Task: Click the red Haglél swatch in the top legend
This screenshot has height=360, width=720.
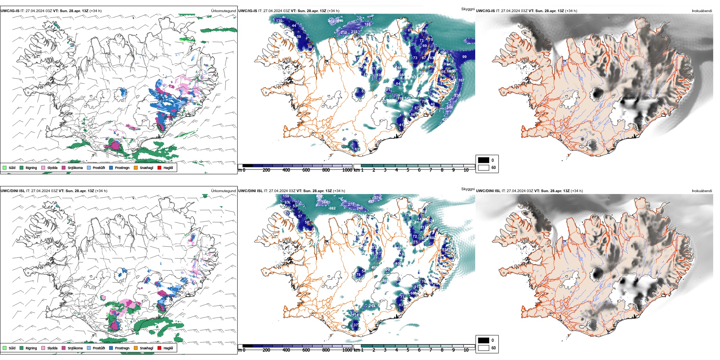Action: click(x=160, y=167)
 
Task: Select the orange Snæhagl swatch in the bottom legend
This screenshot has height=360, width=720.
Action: click(x=136, y=348)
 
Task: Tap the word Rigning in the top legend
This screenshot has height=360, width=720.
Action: click(x=31, y=167)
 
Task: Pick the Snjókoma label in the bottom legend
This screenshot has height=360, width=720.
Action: click(x=75, y=348)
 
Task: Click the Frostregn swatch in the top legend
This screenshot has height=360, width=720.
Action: click(x=111, y=167)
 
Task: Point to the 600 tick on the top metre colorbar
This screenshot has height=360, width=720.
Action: click(x=306, y=170)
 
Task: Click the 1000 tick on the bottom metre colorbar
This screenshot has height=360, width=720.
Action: click(x=347, y=350)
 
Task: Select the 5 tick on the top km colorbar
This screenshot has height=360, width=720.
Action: click(x=408, y=170)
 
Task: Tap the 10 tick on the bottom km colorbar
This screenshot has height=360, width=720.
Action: click(x=466, y=350)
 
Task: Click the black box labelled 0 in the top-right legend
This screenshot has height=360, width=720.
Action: click(x=484, y=160)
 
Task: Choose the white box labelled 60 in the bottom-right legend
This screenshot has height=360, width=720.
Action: click(x=484, y=347)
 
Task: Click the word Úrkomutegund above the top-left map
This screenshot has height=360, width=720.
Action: click(x=223, y=11)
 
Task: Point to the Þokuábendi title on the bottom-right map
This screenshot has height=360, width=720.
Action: click(x=702, y=191)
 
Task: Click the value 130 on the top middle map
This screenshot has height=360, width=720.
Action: click(x=279, y=21)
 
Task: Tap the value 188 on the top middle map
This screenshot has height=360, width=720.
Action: click(x=367, y=24)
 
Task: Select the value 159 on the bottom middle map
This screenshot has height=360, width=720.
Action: click(x=286, y=196)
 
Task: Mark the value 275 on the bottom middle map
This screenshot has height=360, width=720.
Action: click(x=351, y=204)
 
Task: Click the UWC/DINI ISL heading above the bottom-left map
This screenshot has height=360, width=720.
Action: click(x=13, y=191)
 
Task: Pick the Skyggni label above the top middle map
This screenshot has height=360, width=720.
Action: click(x=468, y=9)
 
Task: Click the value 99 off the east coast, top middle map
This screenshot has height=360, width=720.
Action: click(x=464, y=57)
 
